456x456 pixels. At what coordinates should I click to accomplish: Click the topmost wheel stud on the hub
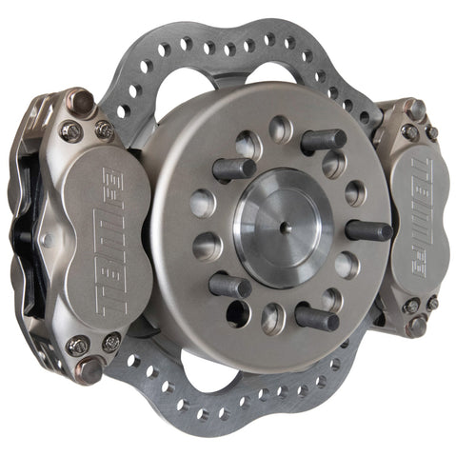(x=324, y=140)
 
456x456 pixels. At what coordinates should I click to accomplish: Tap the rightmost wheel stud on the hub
(x=370, y=230)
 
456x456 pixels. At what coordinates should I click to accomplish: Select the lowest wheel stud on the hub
(x=316, y=317)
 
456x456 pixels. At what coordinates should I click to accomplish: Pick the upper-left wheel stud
(x=234, y=169)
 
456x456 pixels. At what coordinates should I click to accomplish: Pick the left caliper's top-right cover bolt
(x=104, y=129)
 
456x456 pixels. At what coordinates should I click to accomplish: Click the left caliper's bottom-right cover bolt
(x=112, y=341)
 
